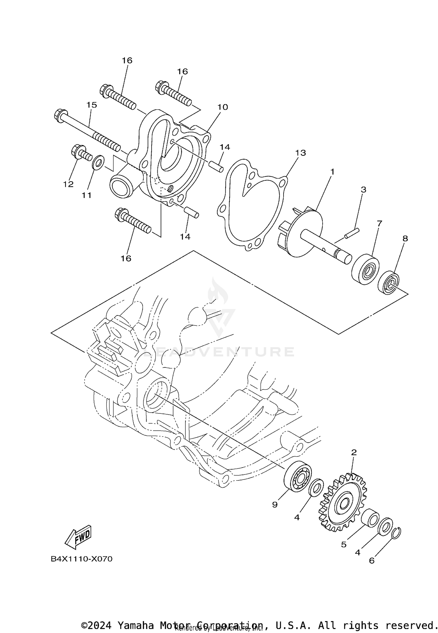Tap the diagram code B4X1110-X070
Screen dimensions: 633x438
[x=81, y=559]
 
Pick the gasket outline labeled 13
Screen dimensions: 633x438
[x=251, y=205]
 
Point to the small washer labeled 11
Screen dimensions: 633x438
[x=97, y=162]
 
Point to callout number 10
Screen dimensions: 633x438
[x=223, y=107]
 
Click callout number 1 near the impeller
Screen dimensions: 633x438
[x=332, y=172]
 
